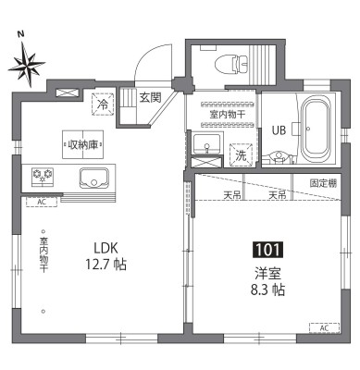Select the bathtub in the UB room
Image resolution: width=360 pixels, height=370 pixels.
315,131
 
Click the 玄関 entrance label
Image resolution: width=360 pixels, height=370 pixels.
150,96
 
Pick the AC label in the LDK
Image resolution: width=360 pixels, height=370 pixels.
41,201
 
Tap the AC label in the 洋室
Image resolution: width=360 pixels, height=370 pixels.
323,328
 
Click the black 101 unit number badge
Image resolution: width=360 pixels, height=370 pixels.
269,249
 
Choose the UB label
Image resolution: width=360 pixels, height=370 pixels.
279,129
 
